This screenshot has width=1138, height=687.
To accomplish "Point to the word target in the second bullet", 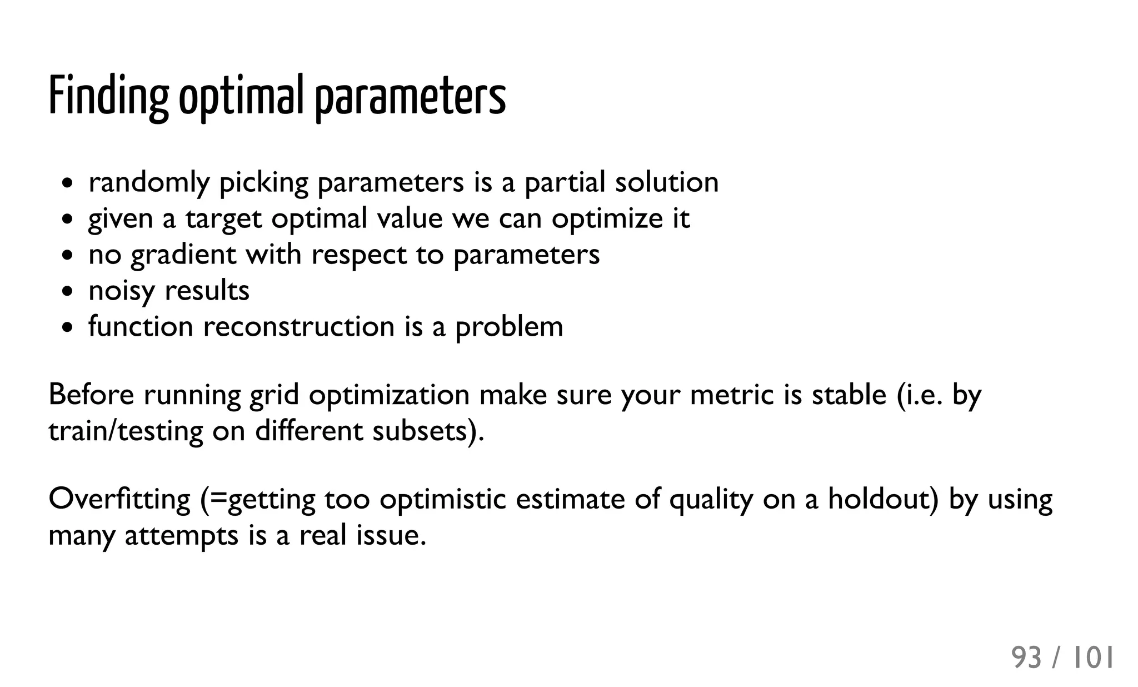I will (x=223, y=218).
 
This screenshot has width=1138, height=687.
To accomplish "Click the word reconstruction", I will (x=299, y=326).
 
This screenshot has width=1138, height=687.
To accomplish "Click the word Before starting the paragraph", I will (x=91, y=395).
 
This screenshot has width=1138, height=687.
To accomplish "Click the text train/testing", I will (x=126, y=431).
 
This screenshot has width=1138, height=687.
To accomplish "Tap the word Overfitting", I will (x=119, y=499).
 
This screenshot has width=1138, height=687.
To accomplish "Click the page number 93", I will (x=1026, y=658).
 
